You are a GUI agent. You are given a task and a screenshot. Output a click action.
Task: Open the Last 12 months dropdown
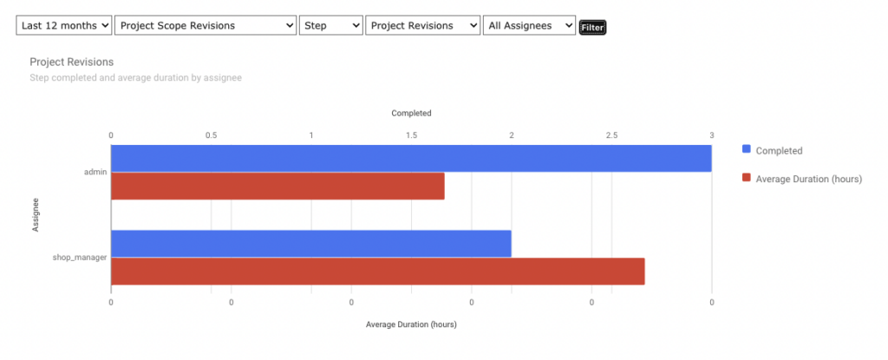(64, 26)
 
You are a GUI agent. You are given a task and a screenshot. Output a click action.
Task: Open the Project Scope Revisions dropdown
(206, 26)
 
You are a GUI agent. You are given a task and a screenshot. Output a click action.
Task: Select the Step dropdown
(330, 26)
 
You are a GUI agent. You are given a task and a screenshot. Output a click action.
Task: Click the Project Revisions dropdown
(422, 26)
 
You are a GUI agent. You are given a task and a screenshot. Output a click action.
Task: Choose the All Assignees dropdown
(529, 26)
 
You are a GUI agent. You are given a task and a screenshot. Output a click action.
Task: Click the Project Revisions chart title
(72, 62)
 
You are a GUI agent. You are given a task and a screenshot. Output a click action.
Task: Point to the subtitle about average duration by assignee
(135, 78)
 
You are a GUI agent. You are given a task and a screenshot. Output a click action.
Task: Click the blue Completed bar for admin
(411, 158)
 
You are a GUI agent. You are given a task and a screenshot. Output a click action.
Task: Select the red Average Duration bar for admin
(277, 186)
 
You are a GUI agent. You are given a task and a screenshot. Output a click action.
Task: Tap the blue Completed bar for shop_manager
(310, 244)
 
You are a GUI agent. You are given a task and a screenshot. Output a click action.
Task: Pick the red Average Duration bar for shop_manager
(377, 271)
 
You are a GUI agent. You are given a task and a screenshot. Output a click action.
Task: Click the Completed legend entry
(778, 150)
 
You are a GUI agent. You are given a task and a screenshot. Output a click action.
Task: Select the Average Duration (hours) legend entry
(807, 178)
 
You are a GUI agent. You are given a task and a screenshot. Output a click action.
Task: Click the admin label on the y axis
(95, 172)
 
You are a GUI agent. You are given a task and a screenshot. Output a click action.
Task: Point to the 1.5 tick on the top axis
(411, 135)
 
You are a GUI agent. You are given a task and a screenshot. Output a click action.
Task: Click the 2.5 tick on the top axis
(611, 135)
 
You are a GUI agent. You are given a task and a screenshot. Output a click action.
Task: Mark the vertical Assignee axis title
(36, 214)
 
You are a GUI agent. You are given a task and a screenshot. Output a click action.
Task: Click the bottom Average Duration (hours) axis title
(411, 324)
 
